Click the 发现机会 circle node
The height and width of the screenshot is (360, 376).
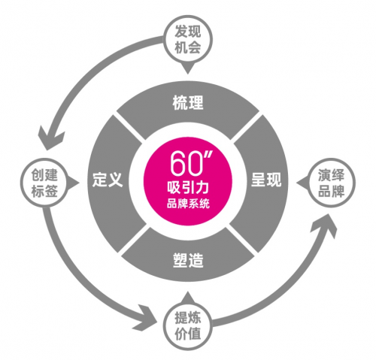tap(188, 40)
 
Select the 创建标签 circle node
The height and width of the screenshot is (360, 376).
tap(44, 183)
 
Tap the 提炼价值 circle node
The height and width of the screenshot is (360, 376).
tap(188, 325)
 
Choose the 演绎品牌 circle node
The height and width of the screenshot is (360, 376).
tap(331, 183)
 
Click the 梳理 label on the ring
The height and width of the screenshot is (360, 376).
tap(188, 102)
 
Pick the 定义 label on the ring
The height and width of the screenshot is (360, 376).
tap(108, 180)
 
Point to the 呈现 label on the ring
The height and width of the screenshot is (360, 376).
tap(266, 180)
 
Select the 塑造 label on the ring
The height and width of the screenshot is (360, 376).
tap(188, 260)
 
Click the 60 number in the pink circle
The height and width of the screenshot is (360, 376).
tap(186, 163)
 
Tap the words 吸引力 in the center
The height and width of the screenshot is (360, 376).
tap(188, 187)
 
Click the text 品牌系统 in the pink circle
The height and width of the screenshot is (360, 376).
tap(188, 204)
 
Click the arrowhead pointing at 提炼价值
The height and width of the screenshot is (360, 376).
tap(146, 318)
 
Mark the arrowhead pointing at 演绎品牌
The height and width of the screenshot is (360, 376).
tap(324, 225)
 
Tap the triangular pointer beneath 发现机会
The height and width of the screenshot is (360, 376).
tap(188, 68)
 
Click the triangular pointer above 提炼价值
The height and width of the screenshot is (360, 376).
tap(188, 297)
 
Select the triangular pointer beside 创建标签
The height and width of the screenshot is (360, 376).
tap(74, 183)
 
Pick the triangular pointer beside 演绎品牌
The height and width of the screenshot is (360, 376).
tap(302, 183)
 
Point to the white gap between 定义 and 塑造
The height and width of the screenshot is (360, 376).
tap(135, 238)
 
